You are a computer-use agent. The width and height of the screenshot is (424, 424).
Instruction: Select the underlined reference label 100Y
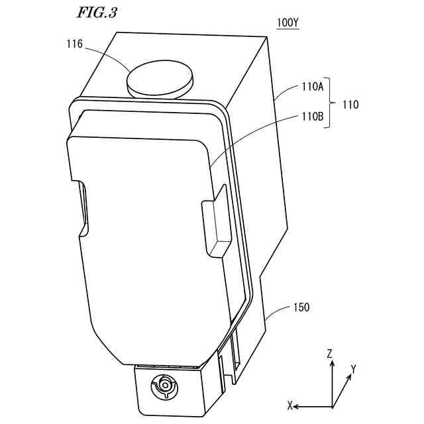coord(288,23)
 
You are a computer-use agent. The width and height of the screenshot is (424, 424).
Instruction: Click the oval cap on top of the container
coord(161,78)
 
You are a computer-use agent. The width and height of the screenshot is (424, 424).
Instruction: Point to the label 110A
coord(311,86)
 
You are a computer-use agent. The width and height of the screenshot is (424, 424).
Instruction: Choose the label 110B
coord(311,117)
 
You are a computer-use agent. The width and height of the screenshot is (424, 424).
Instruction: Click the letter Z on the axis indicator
coord(329,354)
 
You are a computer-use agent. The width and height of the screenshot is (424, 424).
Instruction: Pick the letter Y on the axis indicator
coord(354,369)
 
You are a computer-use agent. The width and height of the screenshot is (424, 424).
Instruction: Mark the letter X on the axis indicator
coord(290,405)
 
